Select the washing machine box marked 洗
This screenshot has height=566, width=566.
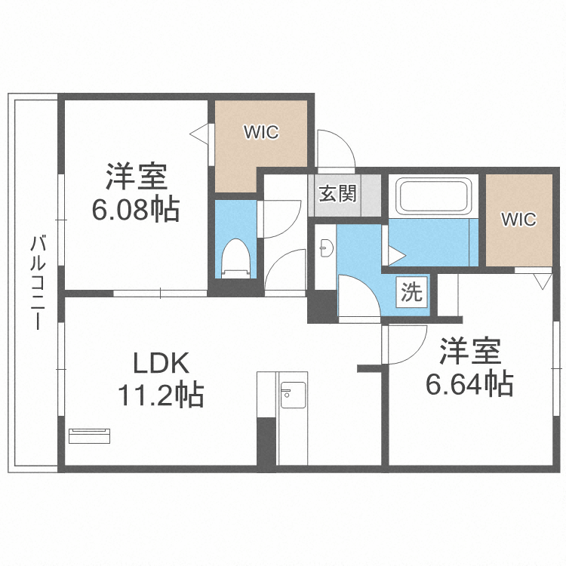(x=412, y=292)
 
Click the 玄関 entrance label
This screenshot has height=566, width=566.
(x=337, y=193)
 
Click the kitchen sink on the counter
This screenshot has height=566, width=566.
(x=293, y=395)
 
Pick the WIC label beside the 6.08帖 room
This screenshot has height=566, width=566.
(x=261, y=132)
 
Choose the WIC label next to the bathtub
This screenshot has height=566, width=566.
(x=518, y=219)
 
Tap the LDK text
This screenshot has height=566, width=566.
(x=161, y=363)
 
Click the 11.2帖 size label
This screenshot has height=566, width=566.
(x=161, y=395)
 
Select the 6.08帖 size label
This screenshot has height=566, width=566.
(x=136, y=209)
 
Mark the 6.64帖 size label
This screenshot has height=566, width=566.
(x=469, y=383)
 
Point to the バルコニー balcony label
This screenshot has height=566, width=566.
(x=38, y=283)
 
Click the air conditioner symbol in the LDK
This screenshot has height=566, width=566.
(x=89, y=435)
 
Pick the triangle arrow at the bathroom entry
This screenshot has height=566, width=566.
(x=397, y=255)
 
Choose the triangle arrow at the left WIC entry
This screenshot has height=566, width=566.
(x=199, y=134)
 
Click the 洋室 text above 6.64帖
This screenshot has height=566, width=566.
(x=470, y=351)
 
